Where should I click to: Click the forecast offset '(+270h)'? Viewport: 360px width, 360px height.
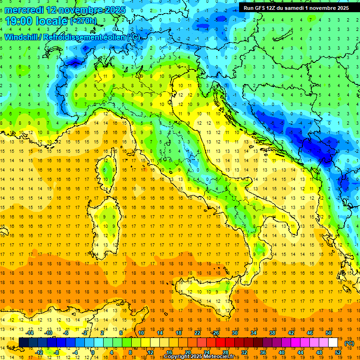click(x=83, y=21)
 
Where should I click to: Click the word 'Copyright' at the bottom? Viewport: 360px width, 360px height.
click(x=178, y=357)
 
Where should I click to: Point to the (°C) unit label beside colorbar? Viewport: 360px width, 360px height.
click(x=349, y=343)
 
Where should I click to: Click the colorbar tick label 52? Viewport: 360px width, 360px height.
click(x=338, y=352)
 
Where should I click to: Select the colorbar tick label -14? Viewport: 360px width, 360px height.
click(x=30, y=333)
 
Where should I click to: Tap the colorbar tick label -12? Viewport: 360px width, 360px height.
click(x=39, y=352)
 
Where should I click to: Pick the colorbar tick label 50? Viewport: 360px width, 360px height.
click(x=329, y=333)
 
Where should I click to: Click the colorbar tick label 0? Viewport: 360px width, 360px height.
click(x=93, y=352)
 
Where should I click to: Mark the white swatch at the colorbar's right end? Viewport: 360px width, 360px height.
click(x=333, y=343)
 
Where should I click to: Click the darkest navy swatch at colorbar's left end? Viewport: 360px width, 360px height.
click(x=23, y=343)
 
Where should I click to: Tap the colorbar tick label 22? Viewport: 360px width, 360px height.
click(x=197, y=333)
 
